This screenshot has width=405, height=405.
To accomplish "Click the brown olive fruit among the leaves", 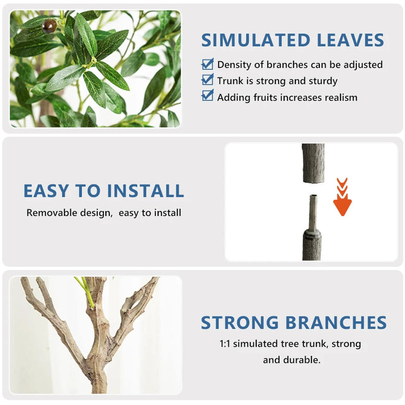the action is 49,26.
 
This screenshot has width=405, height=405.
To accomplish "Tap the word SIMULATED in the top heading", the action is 256,40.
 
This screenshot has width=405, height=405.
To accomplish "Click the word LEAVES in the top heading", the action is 350,40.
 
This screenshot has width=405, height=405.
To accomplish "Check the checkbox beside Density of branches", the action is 208,64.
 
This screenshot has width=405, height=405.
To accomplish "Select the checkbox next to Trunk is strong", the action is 208,80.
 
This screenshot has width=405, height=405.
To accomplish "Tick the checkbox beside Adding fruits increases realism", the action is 208,96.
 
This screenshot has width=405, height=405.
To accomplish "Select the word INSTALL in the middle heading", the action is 145,191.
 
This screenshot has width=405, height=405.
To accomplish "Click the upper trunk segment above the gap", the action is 313,163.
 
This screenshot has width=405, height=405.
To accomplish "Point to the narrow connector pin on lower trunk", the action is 313,212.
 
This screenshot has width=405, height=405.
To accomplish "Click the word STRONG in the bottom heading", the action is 239,323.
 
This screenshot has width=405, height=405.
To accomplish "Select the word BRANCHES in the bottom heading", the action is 336,323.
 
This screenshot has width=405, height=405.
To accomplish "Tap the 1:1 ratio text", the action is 225,344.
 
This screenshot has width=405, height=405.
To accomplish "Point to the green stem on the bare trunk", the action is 85,292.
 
